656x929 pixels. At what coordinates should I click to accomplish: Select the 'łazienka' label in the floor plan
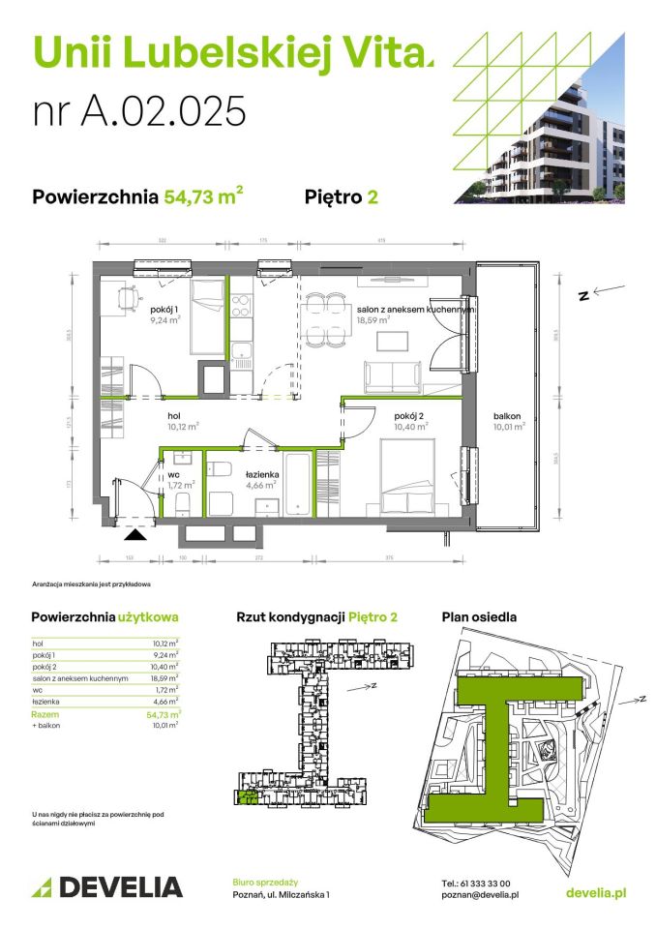tap(262, 473)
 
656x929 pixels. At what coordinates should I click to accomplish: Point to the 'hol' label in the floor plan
tap(174, 416)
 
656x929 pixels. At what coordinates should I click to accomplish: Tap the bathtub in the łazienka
tap(297, 479)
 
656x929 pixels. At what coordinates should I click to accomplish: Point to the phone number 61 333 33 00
tap(475, 883)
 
